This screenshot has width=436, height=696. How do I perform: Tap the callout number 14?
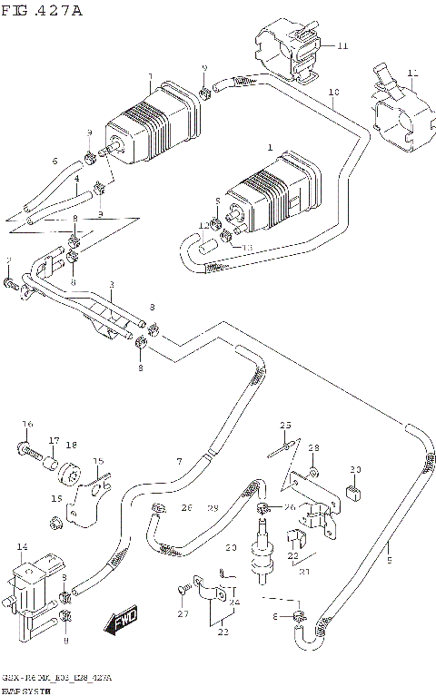pos(23,548)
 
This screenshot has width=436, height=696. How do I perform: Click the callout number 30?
pos(356,469)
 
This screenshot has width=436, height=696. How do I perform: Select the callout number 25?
pos(284,426)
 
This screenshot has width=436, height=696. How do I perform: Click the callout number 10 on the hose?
pos(333,93)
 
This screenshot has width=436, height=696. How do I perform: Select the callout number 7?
pos(179,461)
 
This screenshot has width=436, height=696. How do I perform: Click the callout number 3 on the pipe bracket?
pos(111,285)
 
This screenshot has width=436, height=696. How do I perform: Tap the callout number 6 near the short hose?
pos(54,162)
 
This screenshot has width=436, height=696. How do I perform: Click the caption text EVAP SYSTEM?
pos(25,691)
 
